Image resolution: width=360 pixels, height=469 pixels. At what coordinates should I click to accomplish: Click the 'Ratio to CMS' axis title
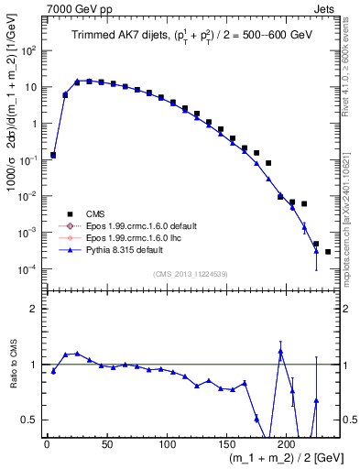tap(11, 364)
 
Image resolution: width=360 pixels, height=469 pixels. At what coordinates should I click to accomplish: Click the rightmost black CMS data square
tap(328, 251)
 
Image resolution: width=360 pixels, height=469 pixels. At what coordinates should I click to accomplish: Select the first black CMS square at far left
tap(53, 156)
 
